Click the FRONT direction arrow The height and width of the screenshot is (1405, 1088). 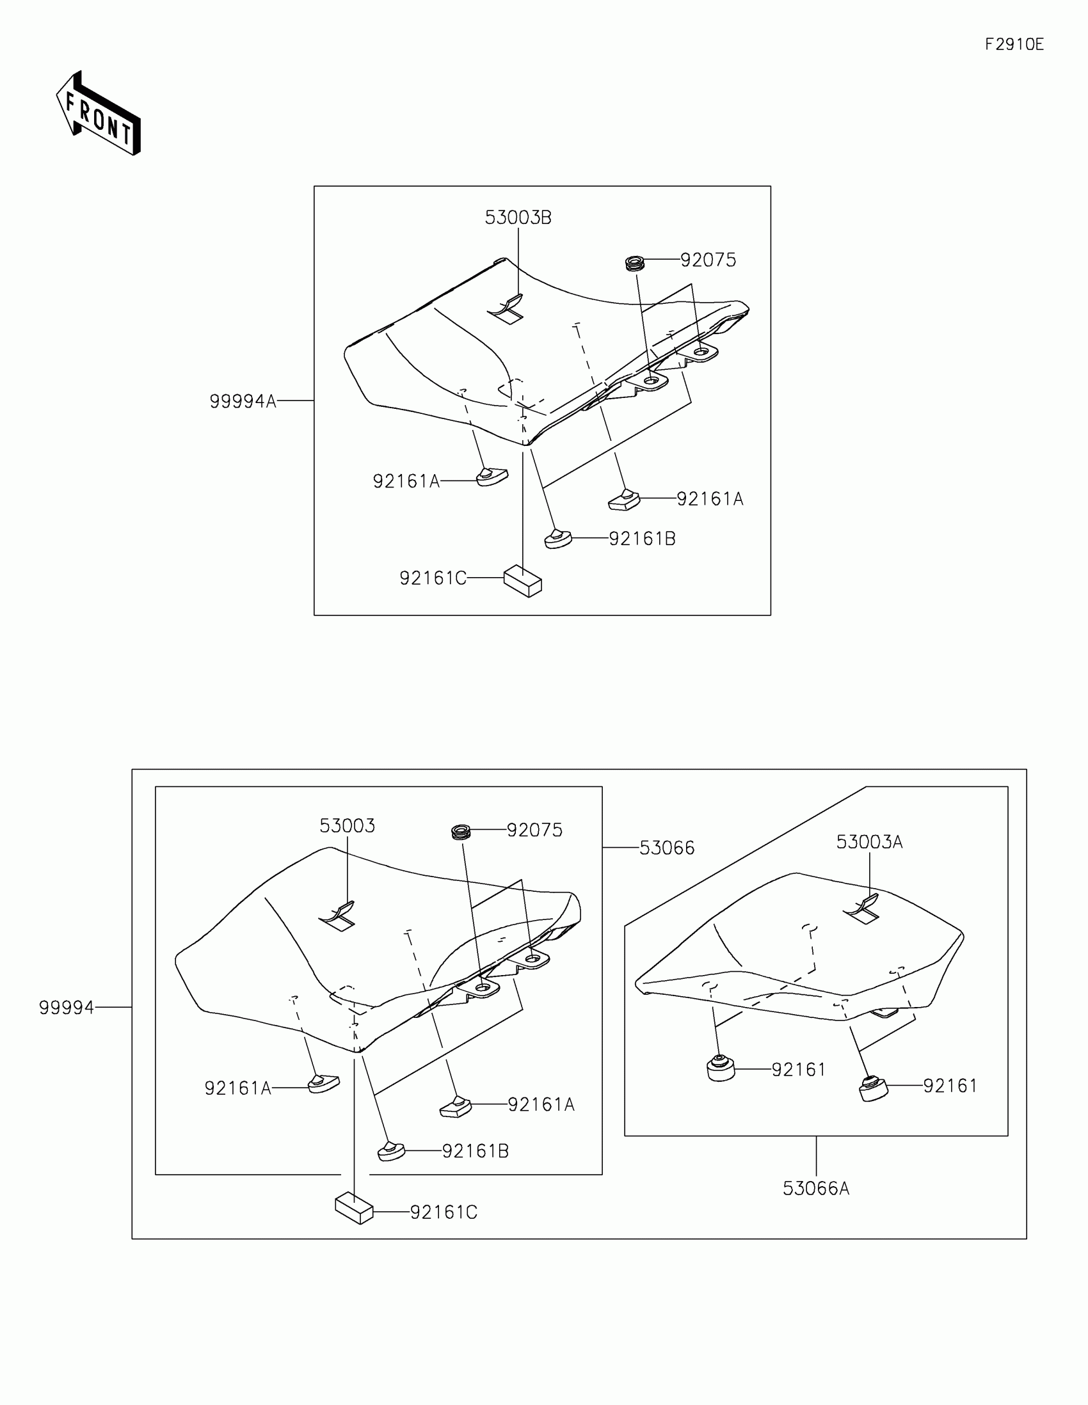tap(99, 114)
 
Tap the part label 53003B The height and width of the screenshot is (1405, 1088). tap(518, 218)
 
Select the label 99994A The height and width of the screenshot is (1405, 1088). tap(243, 401)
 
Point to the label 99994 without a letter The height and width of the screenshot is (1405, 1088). tap(67, 1008)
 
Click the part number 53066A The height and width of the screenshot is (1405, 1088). tap(816, 1188)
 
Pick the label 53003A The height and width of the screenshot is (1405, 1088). tap(869, 842)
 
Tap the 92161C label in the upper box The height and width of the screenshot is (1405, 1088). tap(433, 578)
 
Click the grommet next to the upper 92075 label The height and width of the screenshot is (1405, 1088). tap(635, 264)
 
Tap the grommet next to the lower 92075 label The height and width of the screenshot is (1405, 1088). tap(461, 832)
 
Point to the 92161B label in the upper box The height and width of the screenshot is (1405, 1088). tap(642, 539)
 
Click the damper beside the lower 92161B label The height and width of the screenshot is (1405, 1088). tap(390, 1151)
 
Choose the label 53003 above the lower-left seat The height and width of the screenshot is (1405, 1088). tap(348, 826)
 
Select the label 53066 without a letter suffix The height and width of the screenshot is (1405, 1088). tap(668, 848)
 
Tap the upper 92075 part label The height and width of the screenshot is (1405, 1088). tap(708, 260)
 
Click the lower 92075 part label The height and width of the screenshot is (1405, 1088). tap(534, 830)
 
